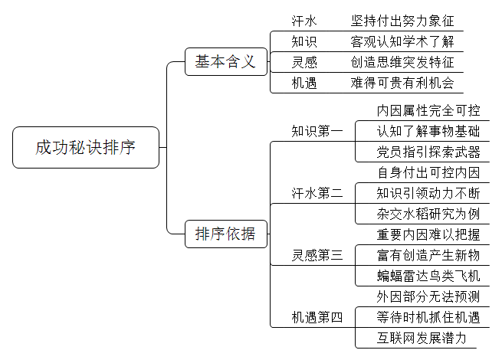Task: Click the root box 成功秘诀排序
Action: click(86, 147)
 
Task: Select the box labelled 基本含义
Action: click(226, 62)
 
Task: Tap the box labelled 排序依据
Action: click(226, 234)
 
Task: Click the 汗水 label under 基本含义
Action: click(303, 21)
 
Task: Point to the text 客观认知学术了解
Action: click(402, 41)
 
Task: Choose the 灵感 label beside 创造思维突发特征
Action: click(303, 62)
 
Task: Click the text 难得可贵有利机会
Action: click(402, 83)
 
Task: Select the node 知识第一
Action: click(317, 131)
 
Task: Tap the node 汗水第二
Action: click(317, 193)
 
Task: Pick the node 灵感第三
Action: click(317, 255)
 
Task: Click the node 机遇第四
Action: click(317, 317)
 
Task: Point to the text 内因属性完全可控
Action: click(428, 111)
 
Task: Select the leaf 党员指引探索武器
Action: click(428, 152)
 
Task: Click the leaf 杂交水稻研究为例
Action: click(428, 214)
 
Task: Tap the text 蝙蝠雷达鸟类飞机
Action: click(428, 277)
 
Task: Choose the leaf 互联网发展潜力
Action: click(422, 339)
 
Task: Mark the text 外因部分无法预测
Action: click(428, 296)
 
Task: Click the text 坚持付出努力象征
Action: click(402, 21)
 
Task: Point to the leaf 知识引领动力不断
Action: click(428, 193)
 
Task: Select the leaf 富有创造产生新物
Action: click(428, 255)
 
